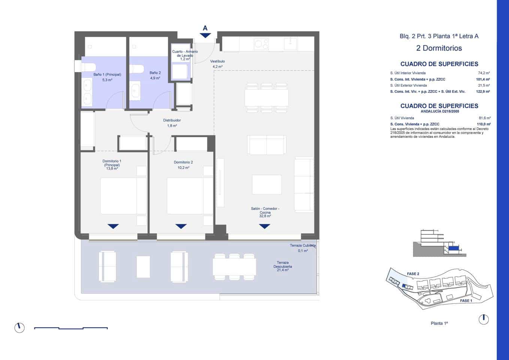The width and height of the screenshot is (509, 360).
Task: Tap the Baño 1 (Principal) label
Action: tap(107, 75)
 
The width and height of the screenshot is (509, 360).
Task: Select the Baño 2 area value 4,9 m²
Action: tap(155, 78)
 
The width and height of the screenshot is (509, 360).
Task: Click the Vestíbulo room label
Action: tap(217, 61)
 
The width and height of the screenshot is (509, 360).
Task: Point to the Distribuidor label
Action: tap(172, 120)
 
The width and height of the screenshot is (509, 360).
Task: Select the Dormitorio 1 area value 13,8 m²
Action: tap(112, 169)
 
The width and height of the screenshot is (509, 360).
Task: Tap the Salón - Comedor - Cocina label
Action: tap(265, 210)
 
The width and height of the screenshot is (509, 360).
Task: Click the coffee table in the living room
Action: tap(266, 184)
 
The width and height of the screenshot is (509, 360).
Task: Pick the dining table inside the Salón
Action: tap(266, 98)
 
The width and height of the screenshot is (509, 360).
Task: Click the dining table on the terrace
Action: tap(234, 267)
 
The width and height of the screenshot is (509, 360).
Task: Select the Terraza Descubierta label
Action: tap(283, 264)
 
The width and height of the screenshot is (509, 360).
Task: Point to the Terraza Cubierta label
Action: tap(302, 246)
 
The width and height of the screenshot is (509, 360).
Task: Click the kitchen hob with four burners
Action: tap(261, 44)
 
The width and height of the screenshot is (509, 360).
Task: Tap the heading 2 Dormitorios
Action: tap(439, 48)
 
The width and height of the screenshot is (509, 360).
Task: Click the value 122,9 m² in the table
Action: tap(483, 91)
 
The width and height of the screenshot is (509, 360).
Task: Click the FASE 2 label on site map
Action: tap(413, 274)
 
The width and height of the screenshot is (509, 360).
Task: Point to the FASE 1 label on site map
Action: tap(466, 301)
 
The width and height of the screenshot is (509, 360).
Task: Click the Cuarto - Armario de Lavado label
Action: tap(185, 54)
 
